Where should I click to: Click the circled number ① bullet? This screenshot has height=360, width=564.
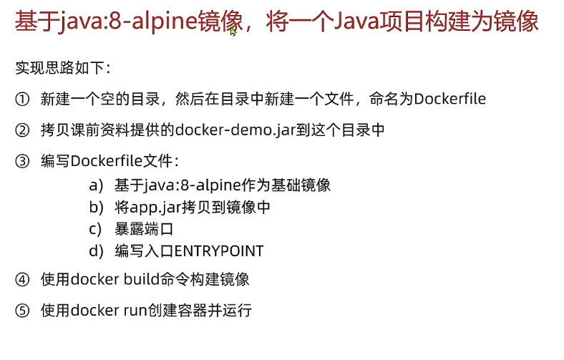[x=22, y=99]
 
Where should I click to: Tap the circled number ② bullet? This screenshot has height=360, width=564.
[x=22, y=130]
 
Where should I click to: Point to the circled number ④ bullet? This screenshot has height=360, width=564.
[x=22, y=280]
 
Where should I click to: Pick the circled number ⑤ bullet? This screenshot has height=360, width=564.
[x=22, y=311]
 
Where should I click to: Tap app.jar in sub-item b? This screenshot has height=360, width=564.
[x=154, y=208]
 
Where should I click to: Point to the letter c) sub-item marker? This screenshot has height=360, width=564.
[x=96, y=230]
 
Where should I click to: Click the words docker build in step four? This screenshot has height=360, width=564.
[x=112, y=280]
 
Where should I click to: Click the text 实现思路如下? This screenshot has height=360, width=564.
[x=62, y=69]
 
